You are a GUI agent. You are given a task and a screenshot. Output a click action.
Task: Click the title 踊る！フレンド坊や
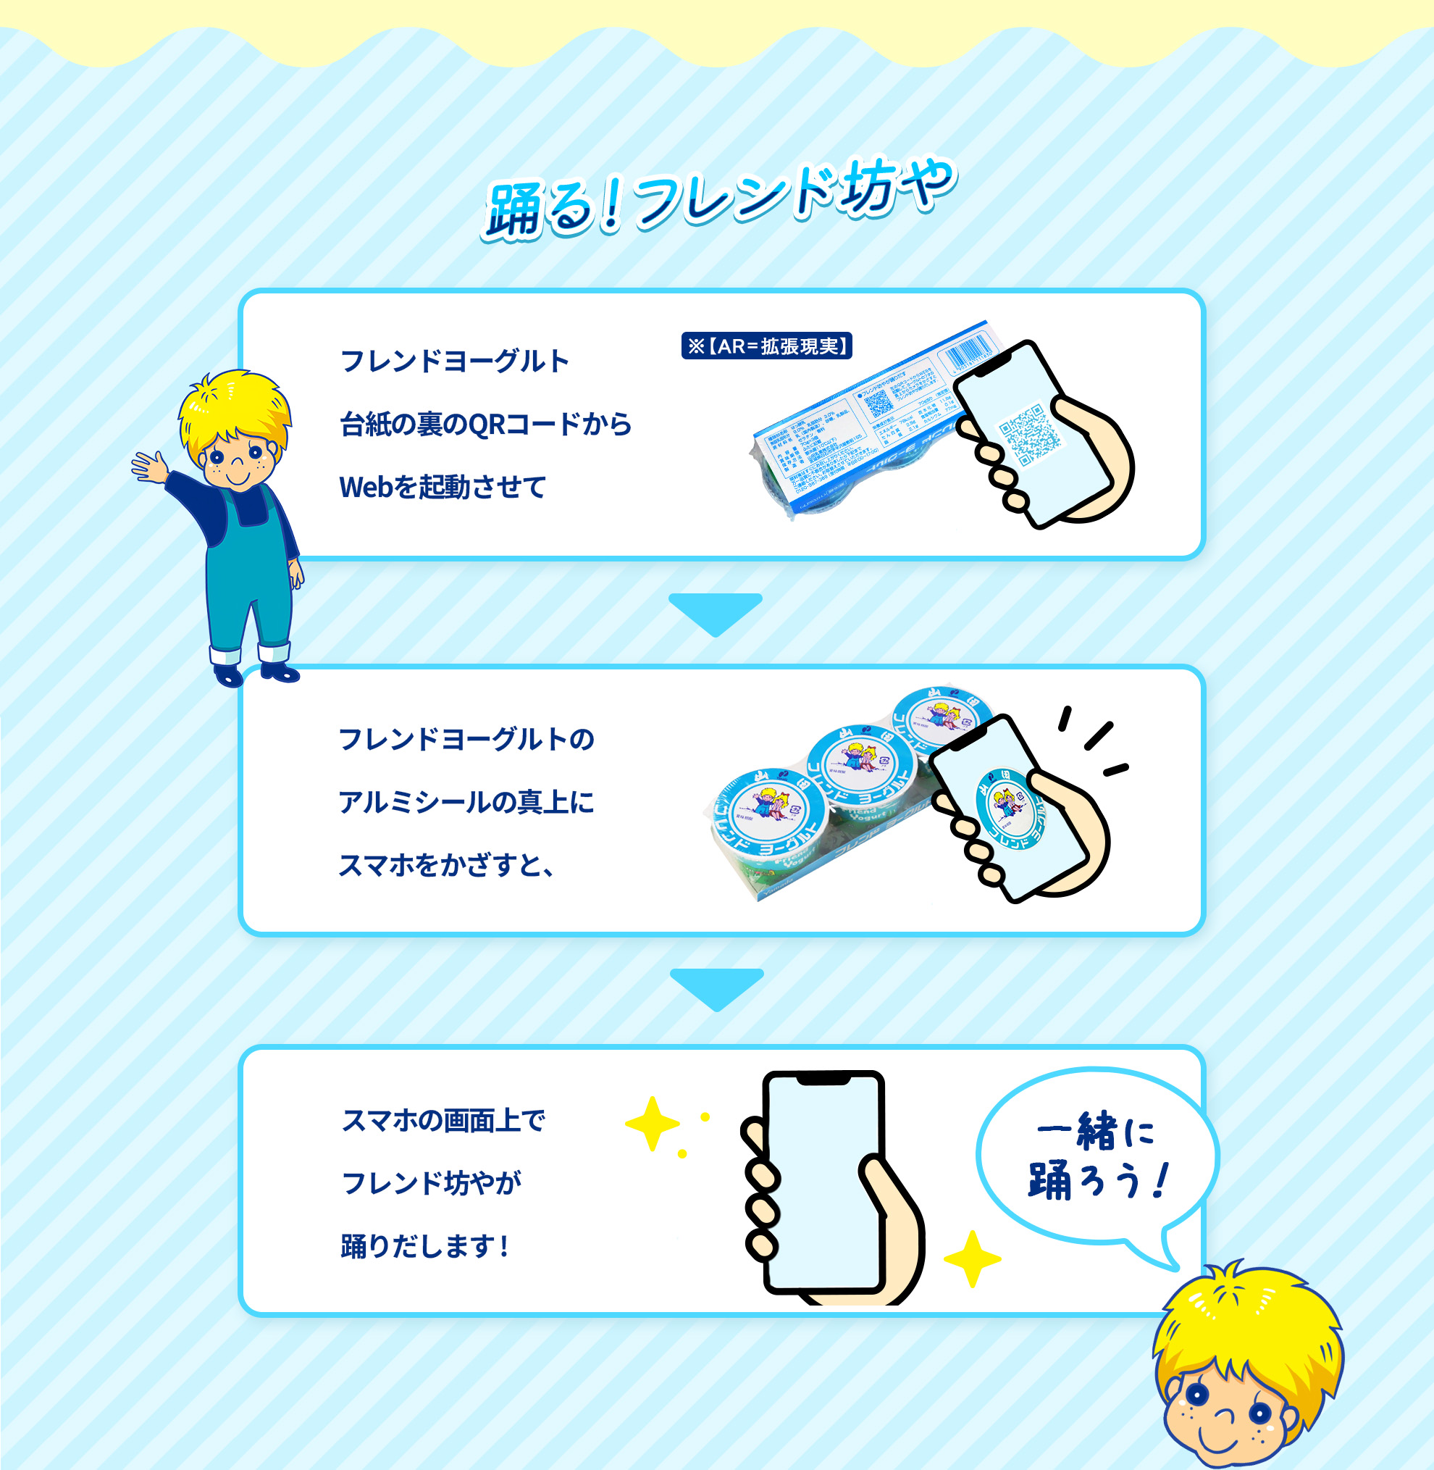click(x=719, y=200)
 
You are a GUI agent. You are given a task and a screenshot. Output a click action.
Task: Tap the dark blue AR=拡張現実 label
click(x=767, y=346)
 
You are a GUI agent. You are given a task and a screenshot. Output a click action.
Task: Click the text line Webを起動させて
click(x=442, y=488)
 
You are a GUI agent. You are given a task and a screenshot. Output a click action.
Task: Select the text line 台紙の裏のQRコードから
click(x=486, y=425)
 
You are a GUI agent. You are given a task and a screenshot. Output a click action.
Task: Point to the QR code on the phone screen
click(x=1031, y=434)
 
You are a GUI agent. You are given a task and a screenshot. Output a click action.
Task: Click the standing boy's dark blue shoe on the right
click(x=280, y=672)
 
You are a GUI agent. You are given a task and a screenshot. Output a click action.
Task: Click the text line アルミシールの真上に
click(x=466, y=803)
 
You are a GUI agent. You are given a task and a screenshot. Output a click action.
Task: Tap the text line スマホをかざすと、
click(x=447, y=866)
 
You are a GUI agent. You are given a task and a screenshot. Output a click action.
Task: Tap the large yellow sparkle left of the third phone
click(x=653, y=1124)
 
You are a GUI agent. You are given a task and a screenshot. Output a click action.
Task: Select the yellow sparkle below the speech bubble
click(x=971, y=1258)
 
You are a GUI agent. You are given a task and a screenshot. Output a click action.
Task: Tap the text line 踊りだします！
click(x=425, y=1246)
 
